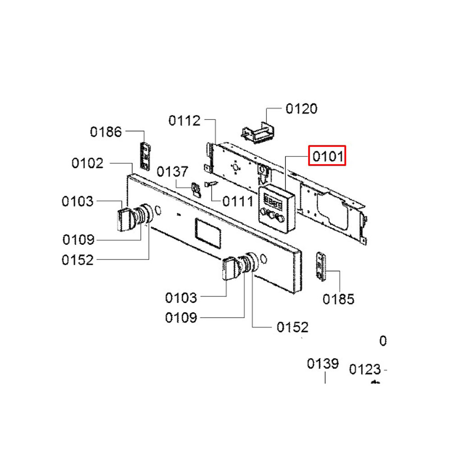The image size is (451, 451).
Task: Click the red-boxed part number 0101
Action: click(x=327, y=156)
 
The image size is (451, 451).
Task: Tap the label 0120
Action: click(x=301, y=109)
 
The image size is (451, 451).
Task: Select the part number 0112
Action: click(x=184, y=120)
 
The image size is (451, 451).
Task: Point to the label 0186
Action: click(x=106, y=132)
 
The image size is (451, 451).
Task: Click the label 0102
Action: click(x=87, y=163)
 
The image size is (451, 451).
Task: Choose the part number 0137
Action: click(x=173, y=172)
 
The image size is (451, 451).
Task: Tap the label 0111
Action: click(x=238, y=201)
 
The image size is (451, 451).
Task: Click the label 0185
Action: click(x=339, y=299)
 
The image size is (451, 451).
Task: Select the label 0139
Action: click(x=323, y=364)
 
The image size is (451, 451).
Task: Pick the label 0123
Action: click(x=365, y=369)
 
